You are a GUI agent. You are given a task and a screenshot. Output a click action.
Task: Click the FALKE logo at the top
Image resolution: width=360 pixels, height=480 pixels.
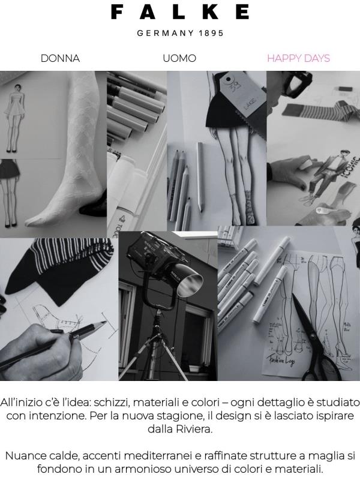coord(180,12)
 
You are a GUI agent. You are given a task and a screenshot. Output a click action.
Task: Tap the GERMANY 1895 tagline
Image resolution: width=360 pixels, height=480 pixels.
coord(180,34)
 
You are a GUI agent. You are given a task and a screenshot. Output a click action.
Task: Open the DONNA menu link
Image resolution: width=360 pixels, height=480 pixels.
coord(60,58)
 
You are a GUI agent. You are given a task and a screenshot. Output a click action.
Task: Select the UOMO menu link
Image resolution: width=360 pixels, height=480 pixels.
coord(179,58)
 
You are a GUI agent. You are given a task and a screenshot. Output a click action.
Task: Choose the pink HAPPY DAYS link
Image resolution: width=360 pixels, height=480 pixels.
coord(298,58)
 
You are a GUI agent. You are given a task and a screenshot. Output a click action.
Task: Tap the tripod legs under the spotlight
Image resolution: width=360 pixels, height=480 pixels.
coord(159,354)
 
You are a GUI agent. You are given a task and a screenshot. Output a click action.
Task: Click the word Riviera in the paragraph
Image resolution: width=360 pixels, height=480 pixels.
coord(196,430)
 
